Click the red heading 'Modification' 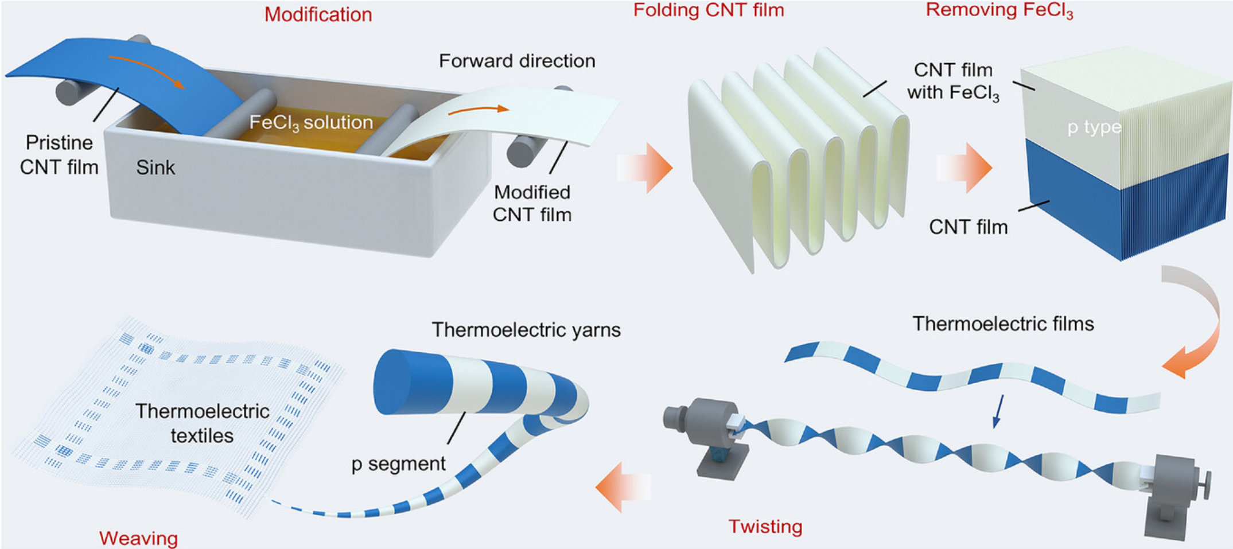click(x=318, y=14)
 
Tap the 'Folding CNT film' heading click(x=708, y=10)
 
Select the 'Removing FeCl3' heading click(x=999, y=11)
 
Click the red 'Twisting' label click(x=765, y=526)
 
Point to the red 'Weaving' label click(x=138, y=538)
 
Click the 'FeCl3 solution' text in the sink click(x=311, y=122)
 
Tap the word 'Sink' click(x=155, y=168)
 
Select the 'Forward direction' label click(x=517, y=61)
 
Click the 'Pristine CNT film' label click(x=59, y=155)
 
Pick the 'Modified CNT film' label click(x=532, y=203)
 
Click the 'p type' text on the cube click(x=1094, y=127)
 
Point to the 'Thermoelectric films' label click(x=1003, y=324)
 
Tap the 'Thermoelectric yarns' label click(x=526, y=330)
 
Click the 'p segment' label click(x=398, y=464)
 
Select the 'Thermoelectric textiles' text click(x=203, y=423)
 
